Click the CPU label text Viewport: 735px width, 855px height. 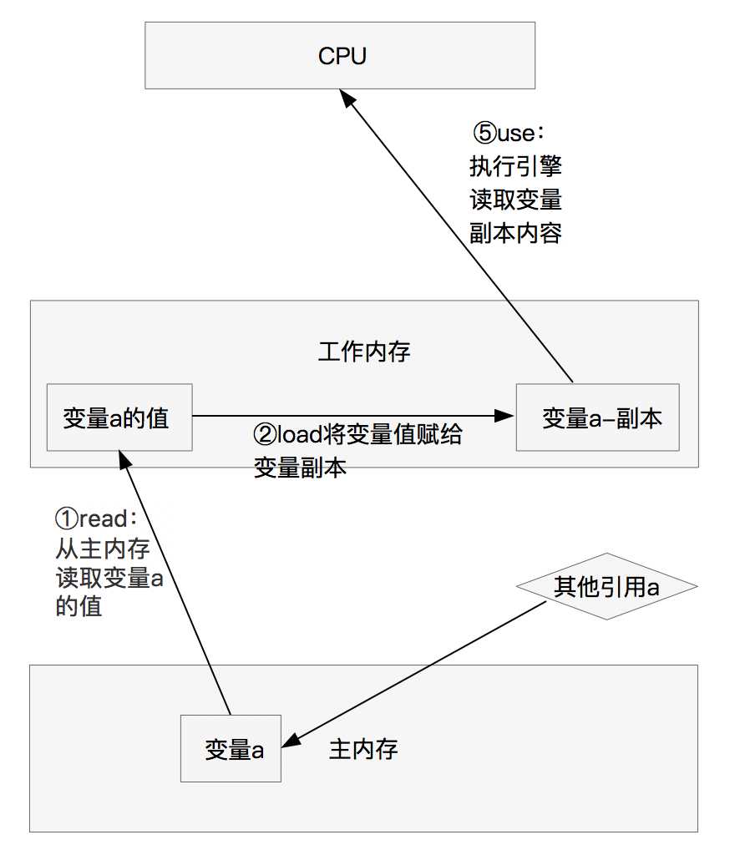(342, 56)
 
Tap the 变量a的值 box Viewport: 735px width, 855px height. (119, 417)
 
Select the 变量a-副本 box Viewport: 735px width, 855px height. (597, 417)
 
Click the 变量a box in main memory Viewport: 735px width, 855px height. (231, 748)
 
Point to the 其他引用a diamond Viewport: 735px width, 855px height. (607, 587)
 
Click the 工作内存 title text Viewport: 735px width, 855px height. (363, 352)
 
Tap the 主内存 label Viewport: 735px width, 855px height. (363, 749)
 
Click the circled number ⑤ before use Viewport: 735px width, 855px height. (484, 133)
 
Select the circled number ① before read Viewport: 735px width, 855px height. (67, 519)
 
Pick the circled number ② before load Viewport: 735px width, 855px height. (266, 434)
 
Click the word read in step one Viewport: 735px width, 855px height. (104, 519)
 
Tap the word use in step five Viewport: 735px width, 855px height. (516, 133)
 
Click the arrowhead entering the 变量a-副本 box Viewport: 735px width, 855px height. (504, 416)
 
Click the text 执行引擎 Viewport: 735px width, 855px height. (515, 166)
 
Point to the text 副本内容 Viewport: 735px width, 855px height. (515, 233)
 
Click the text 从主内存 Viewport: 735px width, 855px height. (103, 549)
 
